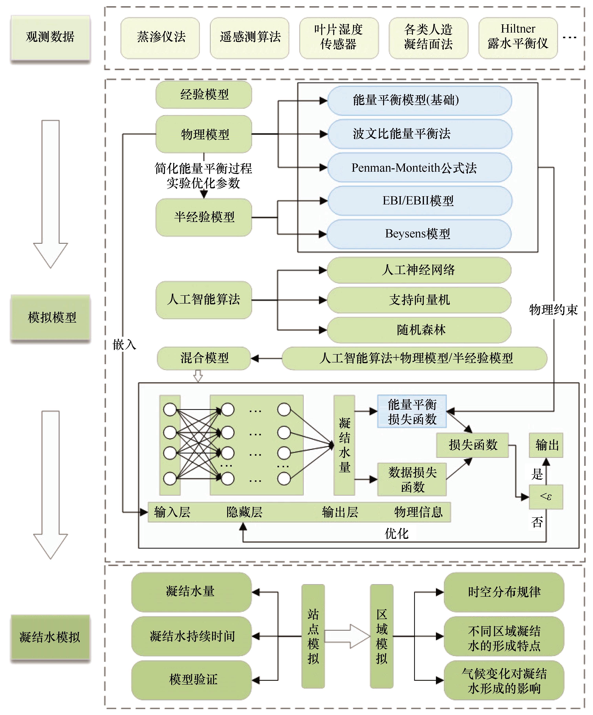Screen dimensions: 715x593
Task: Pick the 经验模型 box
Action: [204, 95]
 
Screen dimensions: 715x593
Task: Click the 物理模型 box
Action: [204, 134]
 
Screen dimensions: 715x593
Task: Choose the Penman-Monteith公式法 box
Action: [419, 168]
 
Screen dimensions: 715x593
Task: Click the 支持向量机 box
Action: [419, 300]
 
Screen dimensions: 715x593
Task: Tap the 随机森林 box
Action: [419, 330]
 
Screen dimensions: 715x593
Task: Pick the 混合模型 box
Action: [204, 358]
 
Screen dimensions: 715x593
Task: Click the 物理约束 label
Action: [553, 310]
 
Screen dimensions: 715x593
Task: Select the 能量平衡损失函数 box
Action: [412, 412]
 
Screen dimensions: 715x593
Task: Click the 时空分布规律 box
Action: [504, 592]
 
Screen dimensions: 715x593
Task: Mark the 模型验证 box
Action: [192, 680]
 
